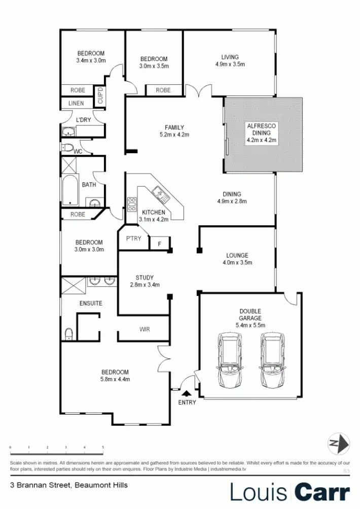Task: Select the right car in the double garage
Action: pyautogui.click(x=272, y=359)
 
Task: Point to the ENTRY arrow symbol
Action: pyautogui.click(x=186, y=393)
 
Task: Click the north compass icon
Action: pyautogui.click(x=338, y=444)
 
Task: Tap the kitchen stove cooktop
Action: pyautogui.click(x=131, y=203)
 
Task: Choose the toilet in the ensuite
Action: pyautogui.click(x=69, y=334)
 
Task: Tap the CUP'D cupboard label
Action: pyautogui.click(x=100, y=96)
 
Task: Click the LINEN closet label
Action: pyautogui.click(x=76, y=103)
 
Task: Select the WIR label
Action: pyautogui.click(x=145, y=329)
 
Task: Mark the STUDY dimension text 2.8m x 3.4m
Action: pyautogui.click(x=145, y=285)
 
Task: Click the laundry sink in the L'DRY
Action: pyautogui.click(x=68, y=132)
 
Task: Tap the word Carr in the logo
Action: pyautogui.click(x=322, y=492)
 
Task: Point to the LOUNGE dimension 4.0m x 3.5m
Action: pyautogui.click(x=237, y=262)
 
